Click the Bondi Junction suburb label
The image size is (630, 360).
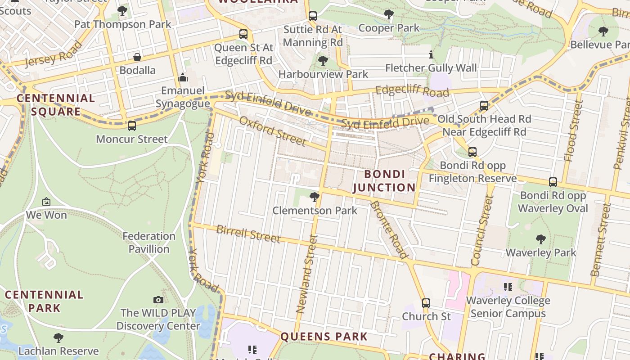coord(384,181)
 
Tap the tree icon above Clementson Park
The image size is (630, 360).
coord(315,197)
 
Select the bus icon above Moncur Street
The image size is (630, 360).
coord(131,126)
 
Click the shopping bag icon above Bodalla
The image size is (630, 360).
coord(137,57)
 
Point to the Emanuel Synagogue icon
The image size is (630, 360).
coord(183,77)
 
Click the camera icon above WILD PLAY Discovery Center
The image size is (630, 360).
coord(158,300)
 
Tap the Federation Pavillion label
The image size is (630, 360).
coord(149,243)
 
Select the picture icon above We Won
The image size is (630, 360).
coord(46,202)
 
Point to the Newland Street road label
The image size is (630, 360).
coord(307,274)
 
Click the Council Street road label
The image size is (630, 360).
coord(482,230)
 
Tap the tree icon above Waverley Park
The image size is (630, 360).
coord(541,239)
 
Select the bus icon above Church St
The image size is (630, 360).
coord(426,303)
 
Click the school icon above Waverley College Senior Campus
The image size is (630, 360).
coord(508,287)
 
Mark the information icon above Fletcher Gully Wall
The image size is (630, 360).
coord(431,55)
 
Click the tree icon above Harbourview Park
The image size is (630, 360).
coord(323,60)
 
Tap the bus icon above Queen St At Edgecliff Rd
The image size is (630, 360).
coord(243,34)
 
